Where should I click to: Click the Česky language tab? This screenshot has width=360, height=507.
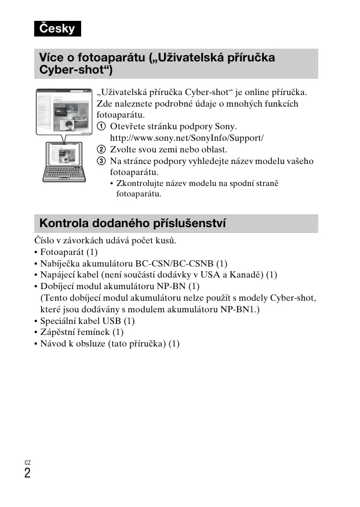pos(57,28)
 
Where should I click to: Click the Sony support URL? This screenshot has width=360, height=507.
pos(187,138)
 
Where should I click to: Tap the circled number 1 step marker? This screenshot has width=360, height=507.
pos(101,126)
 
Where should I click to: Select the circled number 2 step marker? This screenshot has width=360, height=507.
pos(101,149)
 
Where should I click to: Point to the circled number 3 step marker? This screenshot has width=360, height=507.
pos(101,161)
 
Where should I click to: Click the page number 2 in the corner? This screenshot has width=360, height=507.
pos(27,473)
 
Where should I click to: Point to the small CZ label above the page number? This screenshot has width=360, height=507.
pos(27,462)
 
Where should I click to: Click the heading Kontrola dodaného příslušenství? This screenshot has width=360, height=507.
pos(133,224)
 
